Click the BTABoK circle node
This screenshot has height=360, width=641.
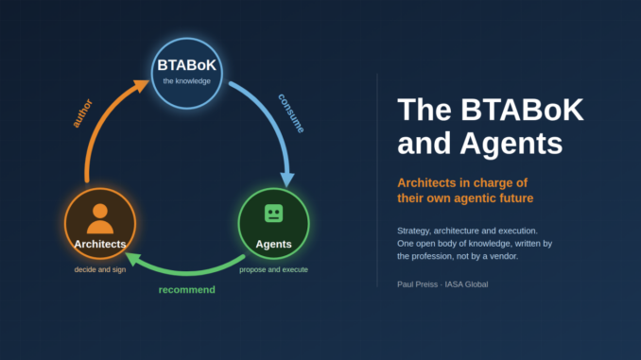[187, 74]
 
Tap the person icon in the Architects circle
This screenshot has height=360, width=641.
[100, 218]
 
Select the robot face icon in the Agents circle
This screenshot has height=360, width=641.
[273, 214]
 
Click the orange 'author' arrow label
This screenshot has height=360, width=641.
[82, 113]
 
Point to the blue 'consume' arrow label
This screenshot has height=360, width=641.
[291, 113]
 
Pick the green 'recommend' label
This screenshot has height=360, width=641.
[187, 290]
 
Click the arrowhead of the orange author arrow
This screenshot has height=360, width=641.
[142, 85]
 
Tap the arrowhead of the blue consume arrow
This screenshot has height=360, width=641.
[287, 180]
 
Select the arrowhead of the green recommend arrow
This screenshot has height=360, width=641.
[133, 259]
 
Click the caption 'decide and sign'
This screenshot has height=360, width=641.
[100, 269]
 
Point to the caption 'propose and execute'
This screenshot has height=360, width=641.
[273, 269]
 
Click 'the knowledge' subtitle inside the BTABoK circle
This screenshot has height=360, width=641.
[187, 81]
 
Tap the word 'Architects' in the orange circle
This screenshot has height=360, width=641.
[100, 244]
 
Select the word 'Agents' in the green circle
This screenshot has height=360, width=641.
[273, 244]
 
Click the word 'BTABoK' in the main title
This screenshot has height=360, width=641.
[522, 110]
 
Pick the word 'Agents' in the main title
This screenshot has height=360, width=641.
[511, 143]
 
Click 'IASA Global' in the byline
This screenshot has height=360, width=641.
[466, 284]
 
